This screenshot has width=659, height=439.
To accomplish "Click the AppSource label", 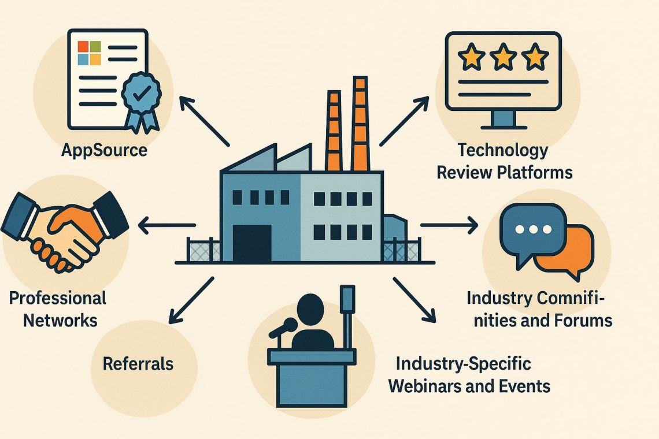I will tap(105, 151).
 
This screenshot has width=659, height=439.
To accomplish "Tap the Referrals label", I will tap(138, 364).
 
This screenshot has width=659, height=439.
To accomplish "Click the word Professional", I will tap(58, 299).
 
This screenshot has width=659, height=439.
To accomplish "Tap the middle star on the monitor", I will tap(503, 57).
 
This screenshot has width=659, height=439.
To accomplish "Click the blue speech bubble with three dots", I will tap(532, 229).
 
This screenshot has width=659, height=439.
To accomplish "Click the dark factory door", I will tap(252, 243).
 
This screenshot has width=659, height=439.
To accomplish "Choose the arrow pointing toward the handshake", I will tap(168, 225).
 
